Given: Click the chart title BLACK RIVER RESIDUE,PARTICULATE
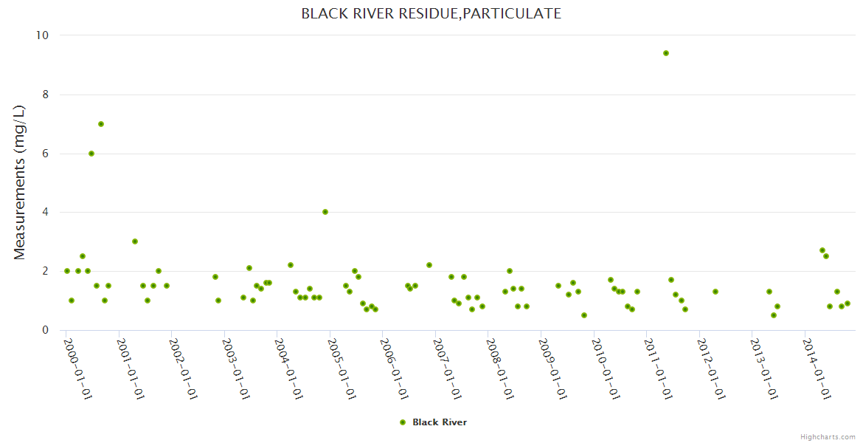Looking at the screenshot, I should pyautogui.click(x=431, y=13).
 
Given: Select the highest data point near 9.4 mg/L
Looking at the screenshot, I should pyautogui.click(x=665, y=53).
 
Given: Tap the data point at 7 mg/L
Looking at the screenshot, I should pyautogui.click(x=101, y=124).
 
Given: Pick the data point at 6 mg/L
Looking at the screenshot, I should pyautogui.click(x=91, y=154).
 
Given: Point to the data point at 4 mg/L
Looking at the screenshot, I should pyautogui.click(x=325, y=212).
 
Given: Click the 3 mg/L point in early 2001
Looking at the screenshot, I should pyautogui.click(x=135, y=241).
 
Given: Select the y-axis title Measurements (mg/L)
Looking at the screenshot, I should pyautogui.click(x=20, y=182).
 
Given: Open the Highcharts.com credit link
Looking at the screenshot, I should pyautogui.click(x=828, y=436).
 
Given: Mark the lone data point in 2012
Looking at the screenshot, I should pyautogui.click(x=715, y=292).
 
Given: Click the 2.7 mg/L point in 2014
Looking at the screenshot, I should pyautogui.click(x=822, y=250).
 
